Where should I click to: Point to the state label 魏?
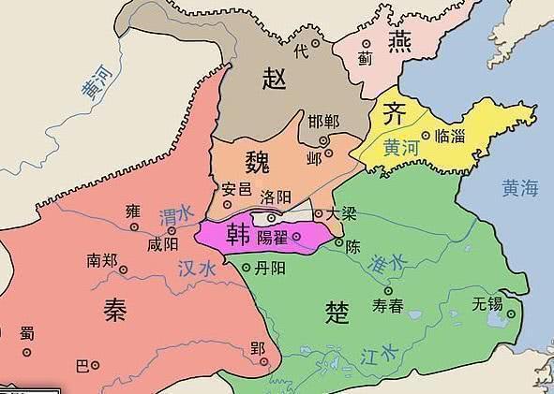(x=257, y=160)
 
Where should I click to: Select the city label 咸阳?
(x=161, y=244)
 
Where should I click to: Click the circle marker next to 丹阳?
(x=247, y=268)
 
